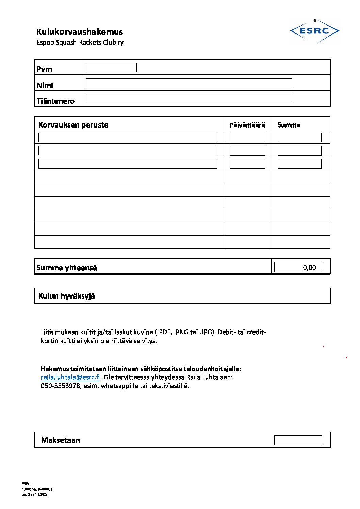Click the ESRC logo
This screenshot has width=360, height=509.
point(314,31)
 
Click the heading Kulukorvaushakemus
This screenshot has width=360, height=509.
point(80,32)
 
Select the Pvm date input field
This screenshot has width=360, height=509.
point(111,67)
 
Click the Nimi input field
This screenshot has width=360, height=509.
point(189,83)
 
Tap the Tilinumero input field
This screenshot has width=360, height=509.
point(189,98)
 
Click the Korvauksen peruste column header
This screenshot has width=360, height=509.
point(73,125)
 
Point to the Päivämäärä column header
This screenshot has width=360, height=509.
point(247,125)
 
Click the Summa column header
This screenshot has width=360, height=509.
point(289,125)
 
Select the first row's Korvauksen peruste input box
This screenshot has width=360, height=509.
point(128,137)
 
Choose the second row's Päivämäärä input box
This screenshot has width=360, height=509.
point(247,151)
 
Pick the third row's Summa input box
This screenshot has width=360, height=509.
point(299,164)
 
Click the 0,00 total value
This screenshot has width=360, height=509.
point(309,267)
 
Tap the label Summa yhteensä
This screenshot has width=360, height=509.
point(67,268)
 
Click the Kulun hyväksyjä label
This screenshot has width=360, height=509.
point(66,296)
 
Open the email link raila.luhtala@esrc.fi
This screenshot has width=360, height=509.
point(70,377)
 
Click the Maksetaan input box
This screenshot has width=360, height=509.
point(298,440)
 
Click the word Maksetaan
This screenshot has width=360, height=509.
point(60,440)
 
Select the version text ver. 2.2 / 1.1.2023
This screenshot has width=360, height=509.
point(34,494)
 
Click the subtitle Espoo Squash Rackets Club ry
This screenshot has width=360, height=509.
point(80,43)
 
